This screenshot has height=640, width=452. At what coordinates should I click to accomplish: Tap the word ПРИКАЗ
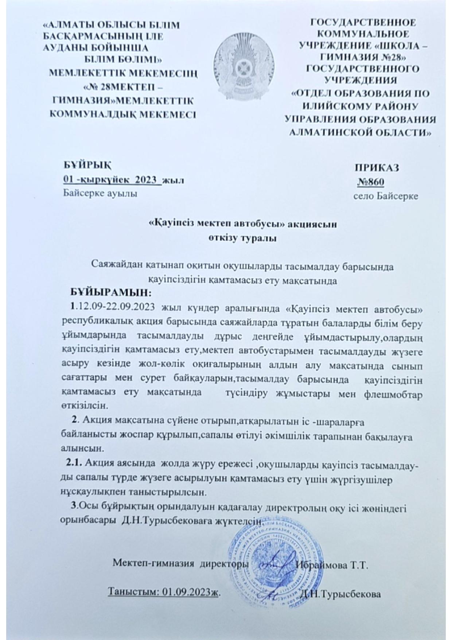pyautogui.click(x=377, y=168)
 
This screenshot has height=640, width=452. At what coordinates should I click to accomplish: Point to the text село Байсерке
pyautogui.click(x=385, y=196)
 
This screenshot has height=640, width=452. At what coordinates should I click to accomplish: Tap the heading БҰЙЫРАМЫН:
pyautogui.click(x=110, y=292)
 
